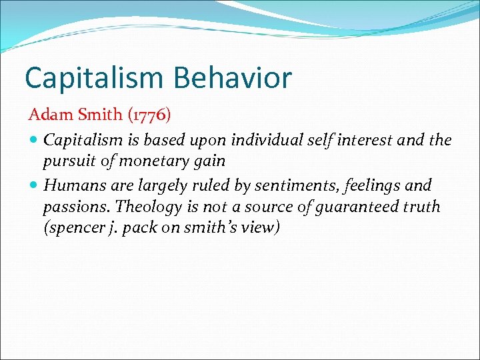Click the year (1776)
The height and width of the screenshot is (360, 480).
tap(149, 115)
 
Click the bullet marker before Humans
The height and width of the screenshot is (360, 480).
tap(34, 185)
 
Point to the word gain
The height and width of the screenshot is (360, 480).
tap(210, 161)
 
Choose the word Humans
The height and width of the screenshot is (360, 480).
tap(70, 185)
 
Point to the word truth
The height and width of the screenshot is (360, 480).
tap(421, 206)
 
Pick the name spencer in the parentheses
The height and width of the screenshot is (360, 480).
tap(70, 227)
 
